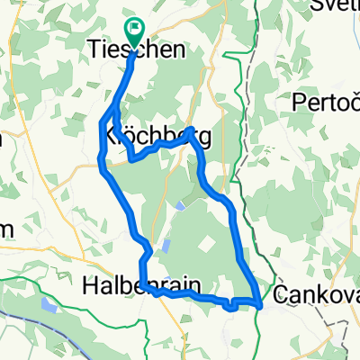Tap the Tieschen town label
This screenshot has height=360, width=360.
click(x=137, y=50)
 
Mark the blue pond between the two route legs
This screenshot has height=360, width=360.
click(x=181, y=205)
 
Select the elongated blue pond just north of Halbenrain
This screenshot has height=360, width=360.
click(x=166, y=246)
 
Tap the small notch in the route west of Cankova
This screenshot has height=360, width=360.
click(x=232, y=306)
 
